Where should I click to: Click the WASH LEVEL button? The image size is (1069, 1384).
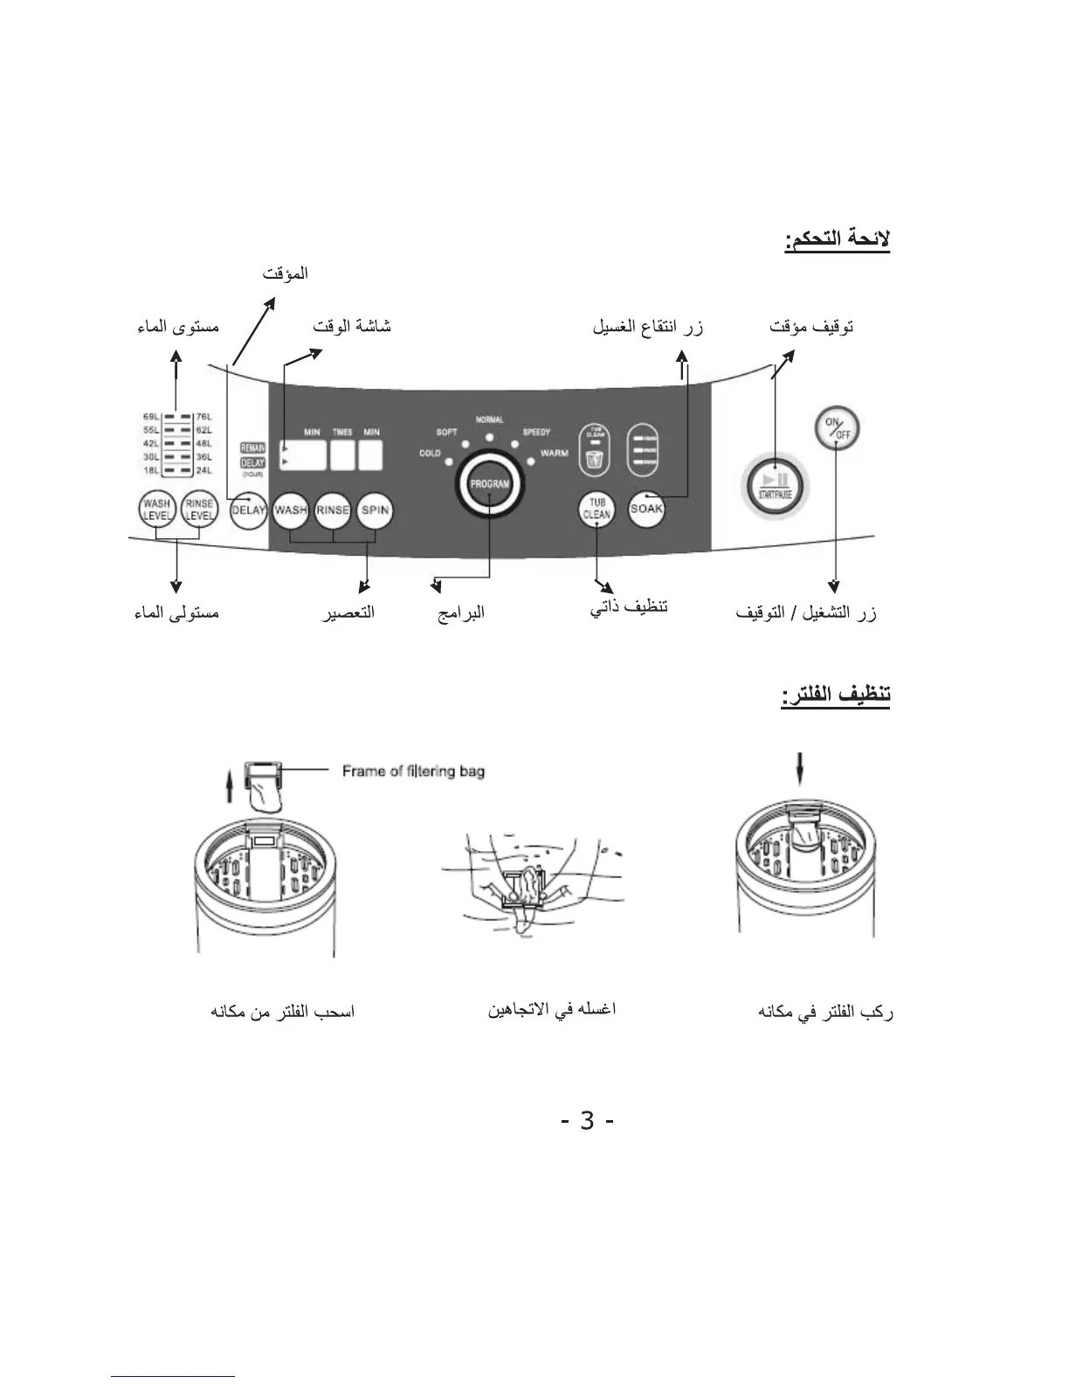coord(157,509)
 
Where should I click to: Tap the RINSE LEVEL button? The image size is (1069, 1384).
coord(199,509)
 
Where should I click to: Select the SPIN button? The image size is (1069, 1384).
coord(375,510)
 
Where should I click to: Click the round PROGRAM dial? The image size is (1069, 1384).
coord(489,484)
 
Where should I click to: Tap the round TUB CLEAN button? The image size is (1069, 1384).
coord(597,509)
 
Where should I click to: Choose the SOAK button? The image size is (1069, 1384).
coord(646,509)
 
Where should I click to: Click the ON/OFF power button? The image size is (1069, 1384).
coord(837,428)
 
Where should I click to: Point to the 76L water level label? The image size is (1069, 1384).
coord(203,417)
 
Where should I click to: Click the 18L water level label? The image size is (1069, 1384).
coord(150,470)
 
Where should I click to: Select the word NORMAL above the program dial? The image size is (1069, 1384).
coord(489,419)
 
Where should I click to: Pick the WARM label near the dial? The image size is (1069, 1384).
coord(554,453)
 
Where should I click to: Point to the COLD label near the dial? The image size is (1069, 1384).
coord(430,453)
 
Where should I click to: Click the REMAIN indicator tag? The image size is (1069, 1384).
coord(252,448)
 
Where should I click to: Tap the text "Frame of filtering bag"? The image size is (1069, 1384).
coord(413,771)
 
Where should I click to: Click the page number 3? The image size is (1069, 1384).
coord(587,1120)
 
